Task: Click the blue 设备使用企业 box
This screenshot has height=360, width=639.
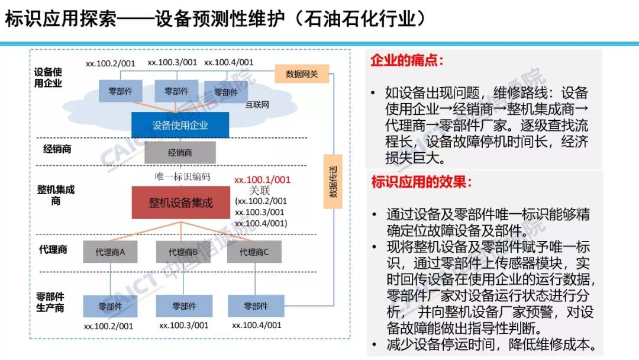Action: pyautogui.click(x=180, y=125)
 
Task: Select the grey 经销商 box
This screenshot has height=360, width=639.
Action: pyautogui.click(x=180, y=152)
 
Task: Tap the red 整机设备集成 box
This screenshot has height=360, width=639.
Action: pyautogui.click(x=180, y=203)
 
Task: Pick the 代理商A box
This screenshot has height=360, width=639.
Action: pyautogui.click(x=110, y=252)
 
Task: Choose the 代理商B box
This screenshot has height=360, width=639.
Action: pyautogui.click(x=183, y=252)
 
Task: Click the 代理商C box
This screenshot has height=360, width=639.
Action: pyautogui.click(x=254, y=252)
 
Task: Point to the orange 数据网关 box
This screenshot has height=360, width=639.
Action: pyautogui.click(x=302, y=74)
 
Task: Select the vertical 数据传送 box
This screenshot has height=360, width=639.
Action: pyautogui.click(x=333, y=182)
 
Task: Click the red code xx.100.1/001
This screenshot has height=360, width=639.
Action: pyautogui.click(x=262, y=179)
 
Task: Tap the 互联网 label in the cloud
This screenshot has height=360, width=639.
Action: pyautogui.click(x=257, y=105)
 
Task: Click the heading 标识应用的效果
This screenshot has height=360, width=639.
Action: pyautogui.click(x=421, y=182)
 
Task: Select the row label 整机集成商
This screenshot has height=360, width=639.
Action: pyautogui.click(x=56, y=195)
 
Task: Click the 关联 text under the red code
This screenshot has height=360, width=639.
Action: pyautogui.click(x=259, y=191)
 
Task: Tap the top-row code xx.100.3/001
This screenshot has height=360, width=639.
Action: pyautogui.click(x=172, y=62)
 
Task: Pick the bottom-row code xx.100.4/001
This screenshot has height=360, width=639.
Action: pyautogui.click(x=256, y=325)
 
